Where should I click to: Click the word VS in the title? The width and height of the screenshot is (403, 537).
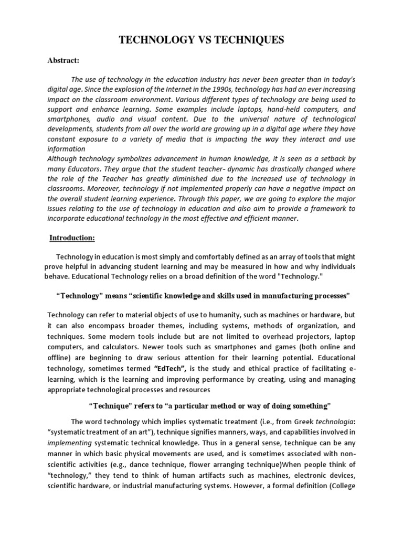point(201,41)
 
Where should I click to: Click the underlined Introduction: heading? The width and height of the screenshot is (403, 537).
point(72,238)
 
